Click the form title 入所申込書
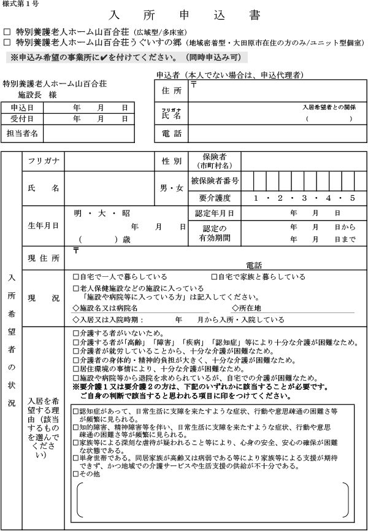click(x=183, y=15)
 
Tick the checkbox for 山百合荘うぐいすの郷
click(x=7, y=42)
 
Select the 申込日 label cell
click(x=22, y=107)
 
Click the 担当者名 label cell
click(x=22, y=133)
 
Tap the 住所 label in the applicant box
click(x=172, y=91)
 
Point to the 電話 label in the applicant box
click(x=172, y=133)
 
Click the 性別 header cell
click(x=172, y=161)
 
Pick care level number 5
click(x=353, y=198)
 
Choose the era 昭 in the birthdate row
click(x=126, y=213)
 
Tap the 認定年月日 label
click(x=214, y=213)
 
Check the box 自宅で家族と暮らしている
click(x=215, y=277)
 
